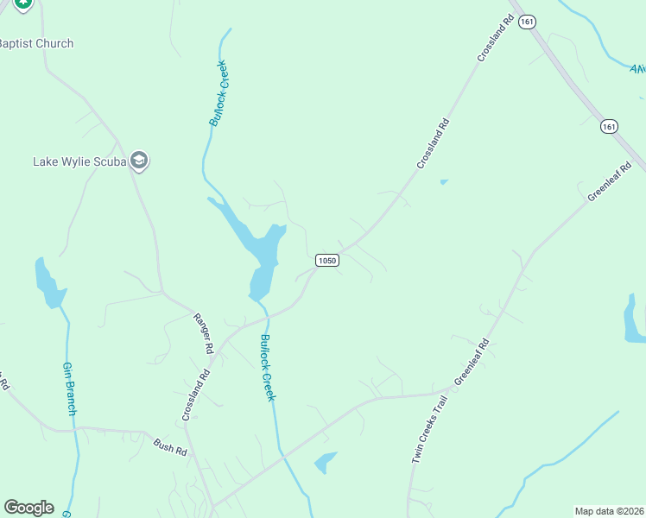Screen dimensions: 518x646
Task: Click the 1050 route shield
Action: pyautogui.click(x=326, y=260)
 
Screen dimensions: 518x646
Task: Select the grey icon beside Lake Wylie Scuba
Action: pyautogui.click(x=141, y=161)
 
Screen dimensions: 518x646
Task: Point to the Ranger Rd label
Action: pyautogui.click(x=203, y=333)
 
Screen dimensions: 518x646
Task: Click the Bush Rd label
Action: pyautogui.click(x=170, y=447)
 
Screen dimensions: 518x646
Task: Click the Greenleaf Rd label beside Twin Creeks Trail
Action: pyautogui.click(x=472, y=362)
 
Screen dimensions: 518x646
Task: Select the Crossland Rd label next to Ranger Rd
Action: pyautogui.click(x=196, y=395)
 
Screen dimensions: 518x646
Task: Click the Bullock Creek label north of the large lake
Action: pyautogui.click(x=218, y=93)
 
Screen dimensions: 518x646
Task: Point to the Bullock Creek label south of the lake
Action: pyautogui.click(x=267, y=367)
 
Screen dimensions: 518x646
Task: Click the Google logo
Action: pyautogui.click(x=28, y=508)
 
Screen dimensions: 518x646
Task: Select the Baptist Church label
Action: pyautogui.click(x=35, y=43)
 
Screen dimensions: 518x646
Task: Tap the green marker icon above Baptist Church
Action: pyautogui.click(x=23, y=3)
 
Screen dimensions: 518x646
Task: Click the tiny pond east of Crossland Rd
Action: pyautogui.click(x=444, y=181)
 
